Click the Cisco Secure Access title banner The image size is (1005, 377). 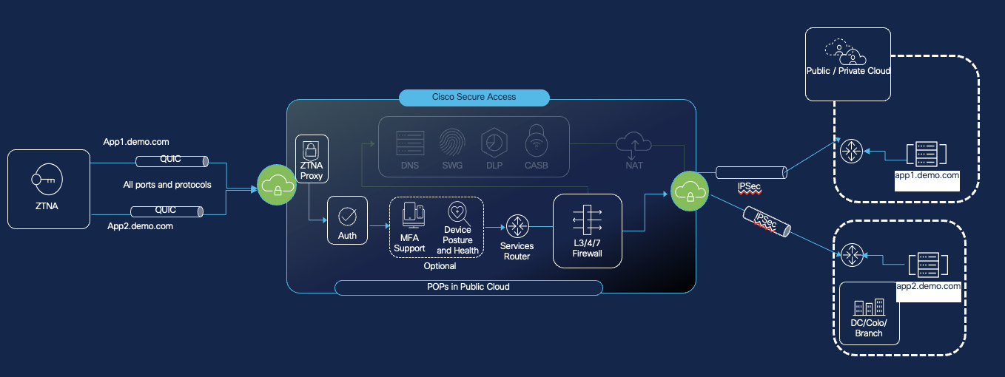(x=474, y=98)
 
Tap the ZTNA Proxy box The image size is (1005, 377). (x=311, y=159)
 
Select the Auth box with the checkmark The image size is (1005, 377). (x=347, y=220)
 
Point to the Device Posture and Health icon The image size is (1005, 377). (x=457, y=214)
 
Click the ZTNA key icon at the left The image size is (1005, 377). (x=46, y=180)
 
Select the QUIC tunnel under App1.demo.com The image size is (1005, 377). (x=170, y=160)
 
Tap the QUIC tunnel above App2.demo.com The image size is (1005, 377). (x=166, y=211)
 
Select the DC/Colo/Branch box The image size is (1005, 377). (x=869, y=313)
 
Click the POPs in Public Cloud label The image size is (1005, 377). (x=468, y=287)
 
